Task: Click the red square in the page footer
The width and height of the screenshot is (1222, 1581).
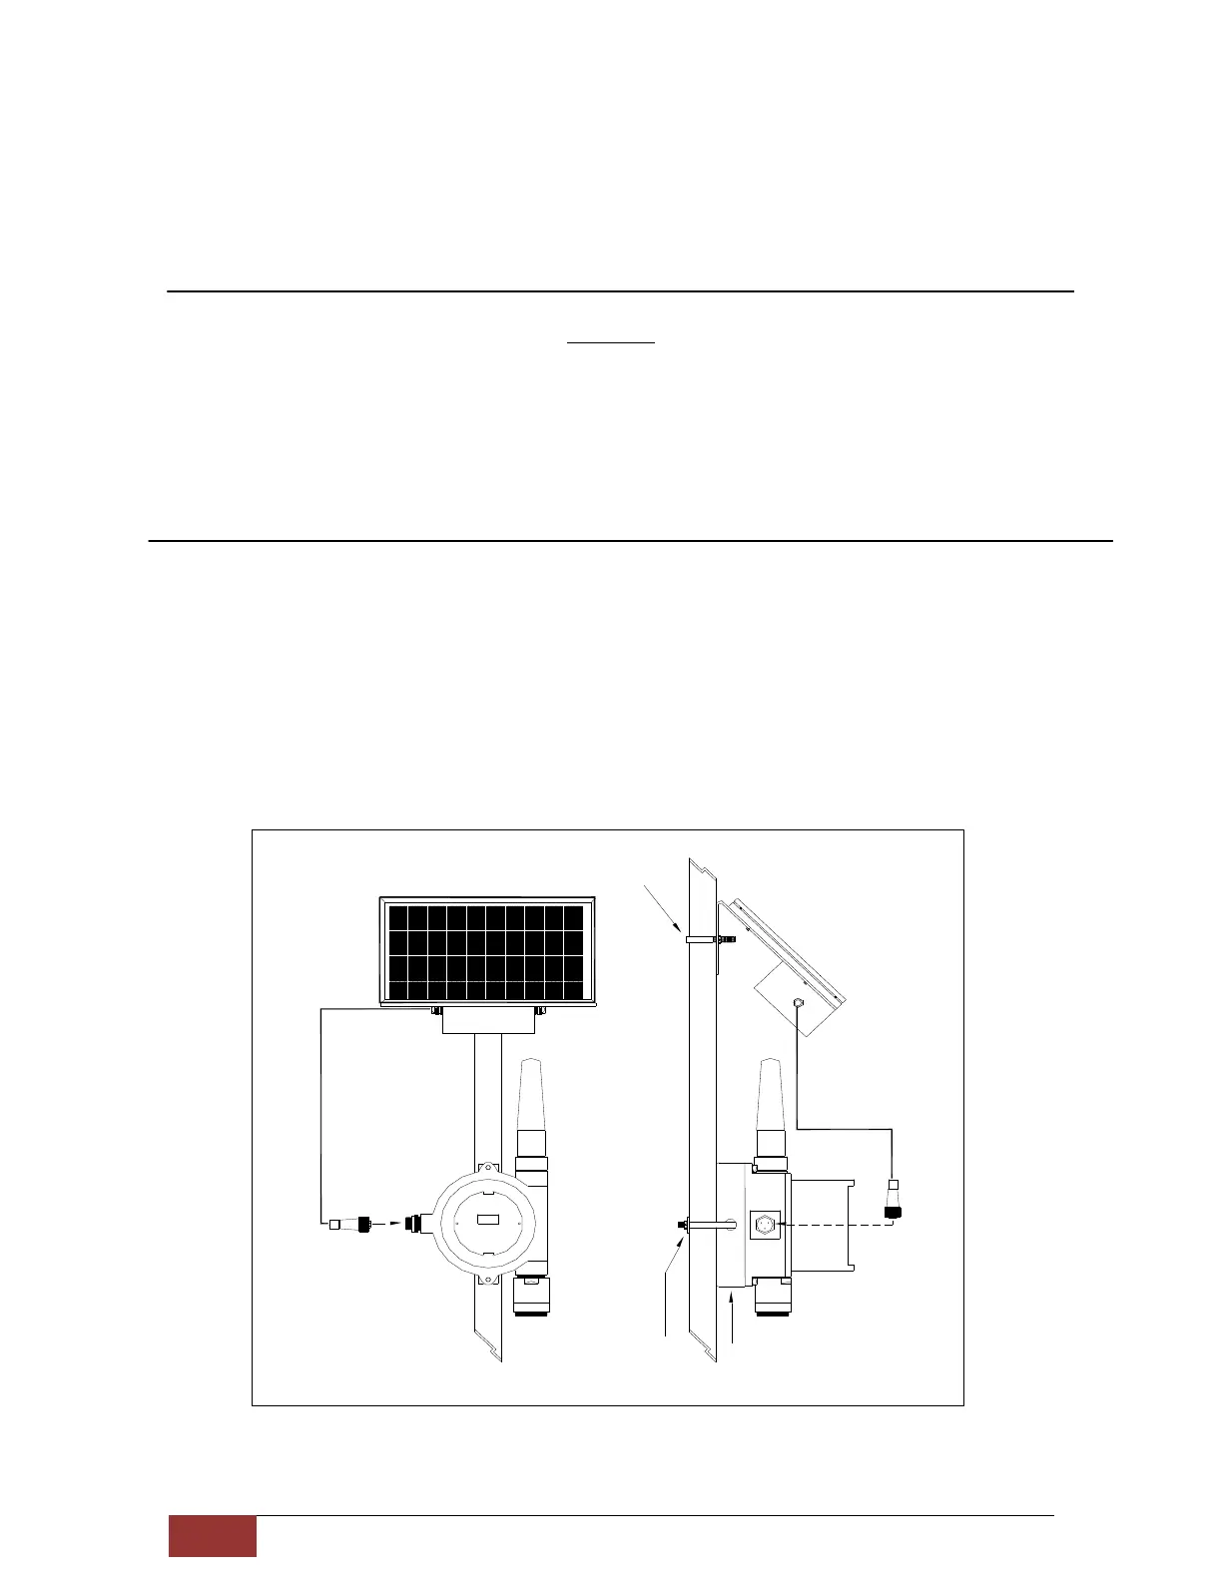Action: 212,1536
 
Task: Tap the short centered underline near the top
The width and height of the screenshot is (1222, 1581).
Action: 611,342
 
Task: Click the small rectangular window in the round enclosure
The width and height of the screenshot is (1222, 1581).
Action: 488,1219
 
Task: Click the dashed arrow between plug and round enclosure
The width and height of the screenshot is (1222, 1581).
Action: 386,1223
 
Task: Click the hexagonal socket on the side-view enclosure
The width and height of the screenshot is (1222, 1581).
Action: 767,1224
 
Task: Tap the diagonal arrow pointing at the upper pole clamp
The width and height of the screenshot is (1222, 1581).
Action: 665,908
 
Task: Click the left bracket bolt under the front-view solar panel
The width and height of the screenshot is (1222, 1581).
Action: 436,1010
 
